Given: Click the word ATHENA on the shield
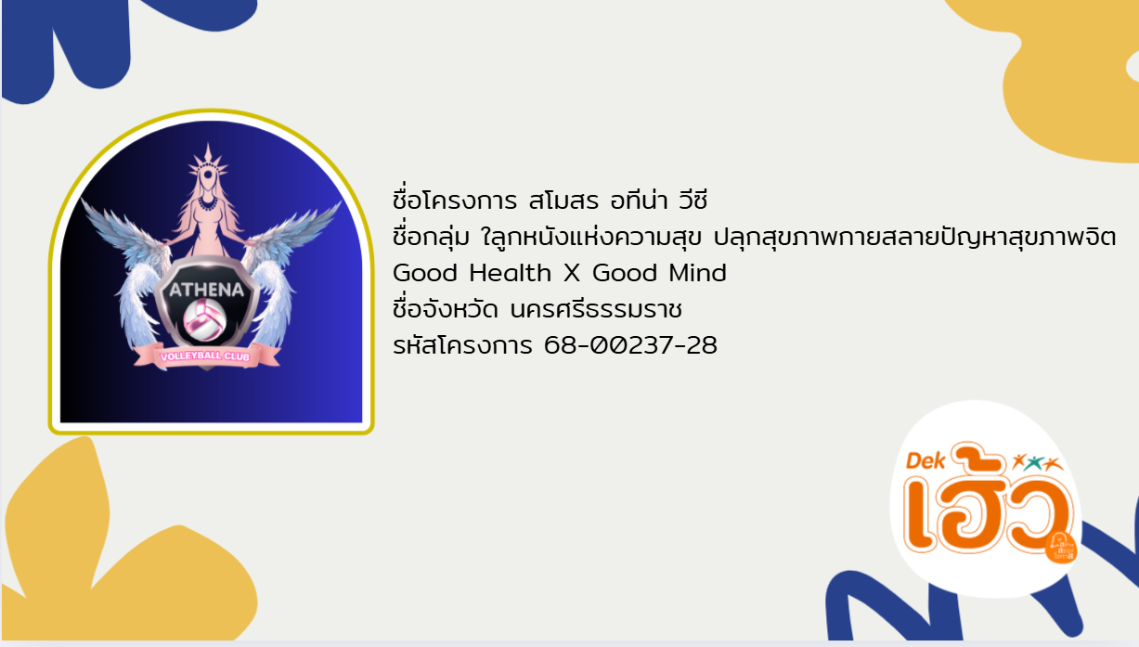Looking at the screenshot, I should coord(205,290).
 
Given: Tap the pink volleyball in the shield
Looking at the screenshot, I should coord(205,318).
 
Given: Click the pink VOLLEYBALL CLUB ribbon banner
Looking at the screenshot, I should coord(207,356).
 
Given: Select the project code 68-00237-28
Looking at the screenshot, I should coord(631,346).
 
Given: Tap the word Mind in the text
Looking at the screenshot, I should coord(698,274).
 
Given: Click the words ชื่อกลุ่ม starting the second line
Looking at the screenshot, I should coord(433,237).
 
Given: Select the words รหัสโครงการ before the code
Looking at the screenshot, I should coord(463,346).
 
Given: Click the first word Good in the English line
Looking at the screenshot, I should coord(426,274).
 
